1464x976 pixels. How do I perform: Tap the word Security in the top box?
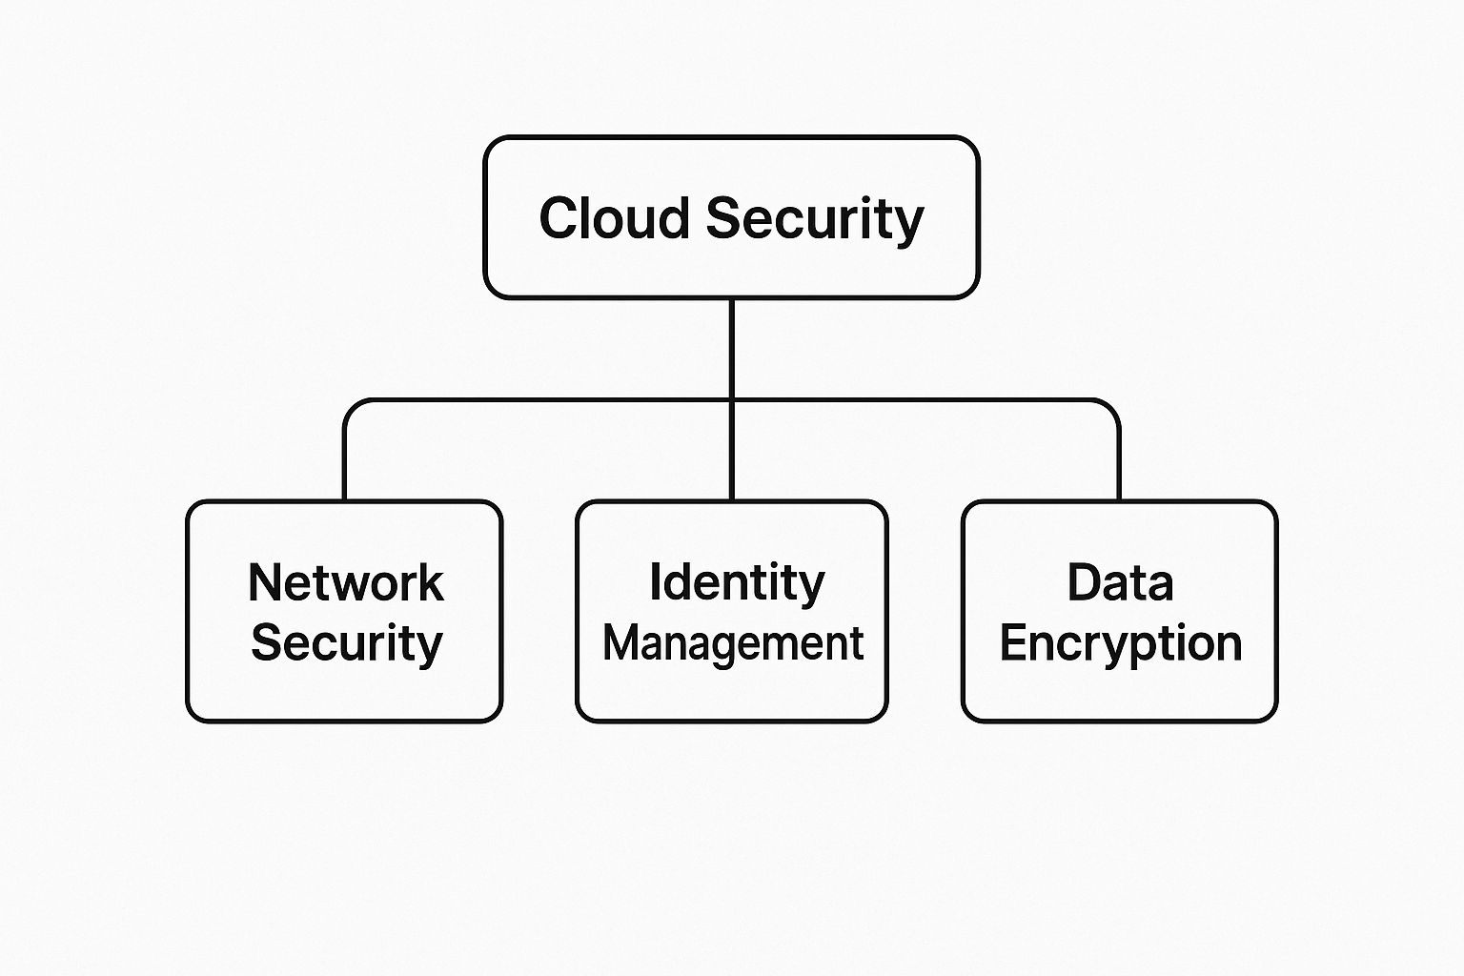pyautogui.click(x=815, y=219)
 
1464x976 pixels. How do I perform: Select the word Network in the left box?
pyautogui.click(x=345, y=582)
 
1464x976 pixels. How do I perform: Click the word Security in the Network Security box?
pyautogui.click(x=346, y=644)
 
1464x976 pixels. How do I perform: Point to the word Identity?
pyautogui.click(x=736, y=582)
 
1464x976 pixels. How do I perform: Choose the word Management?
pyautogui.click(x=733, y=643)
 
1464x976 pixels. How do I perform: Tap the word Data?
pyautogui.click(x=1120, y=582)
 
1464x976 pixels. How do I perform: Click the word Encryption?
pyautogui.click(x=1120, y=644)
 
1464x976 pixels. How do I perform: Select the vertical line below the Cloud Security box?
pyautogui.click(x=731, y=348)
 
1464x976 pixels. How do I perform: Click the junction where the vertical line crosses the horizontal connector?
pyautogui.click(x=731, y=400)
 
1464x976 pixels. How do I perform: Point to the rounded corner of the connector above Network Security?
pyautogui.click(x=351, y=407)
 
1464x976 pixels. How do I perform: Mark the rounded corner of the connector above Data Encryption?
pyautogui.click(x=1111, y=407)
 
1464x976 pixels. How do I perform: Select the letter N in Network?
pyautogui.click(x=264, y=582)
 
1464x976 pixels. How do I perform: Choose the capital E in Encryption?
pyautogui.click(x=1012, y=643)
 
